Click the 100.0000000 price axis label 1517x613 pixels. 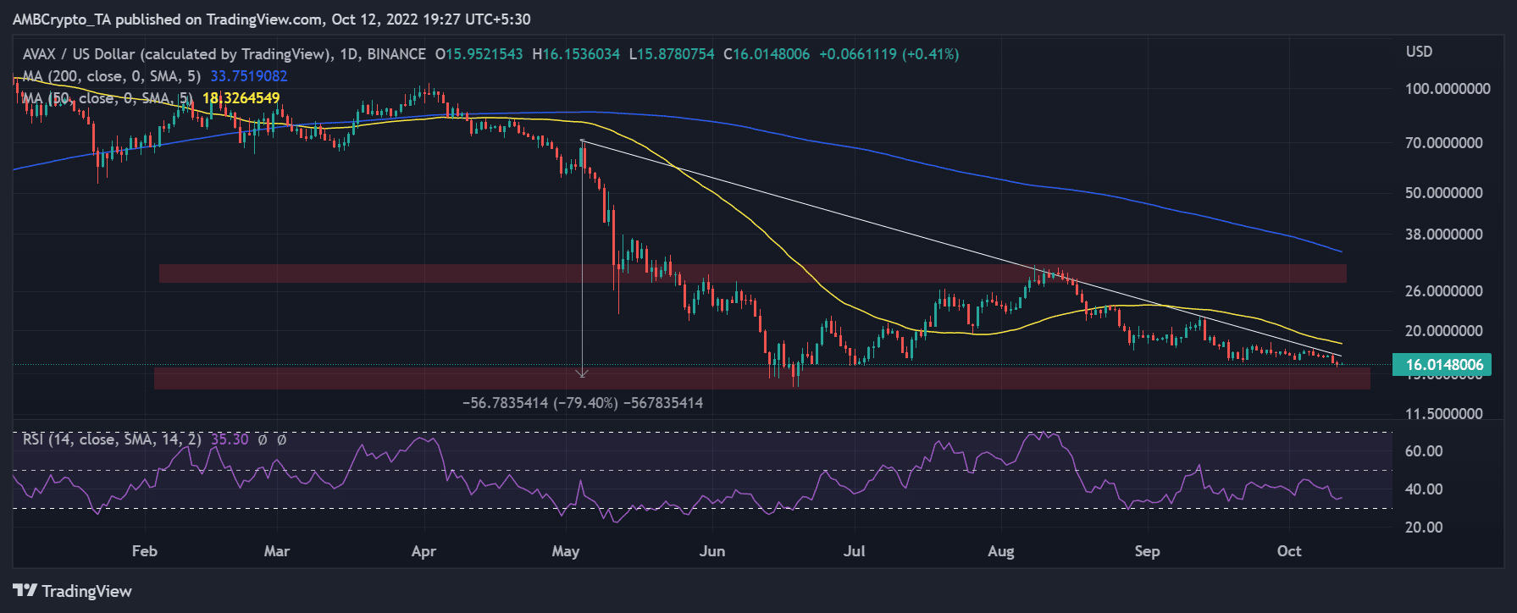coord(1447,89)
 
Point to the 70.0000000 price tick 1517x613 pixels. coord(1443,143)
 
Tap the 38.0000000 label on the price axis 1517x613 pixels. coord(1443,235)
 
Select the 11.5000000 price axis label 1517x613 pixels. coord(1443,414)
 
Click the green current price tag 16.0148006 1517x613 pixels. coord(1443,365)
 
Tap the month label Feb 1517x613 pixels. coord(145,551)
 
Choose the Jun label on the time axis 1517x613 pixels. coord(712,551)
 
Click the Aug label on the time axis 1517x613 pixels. coord(1001,551)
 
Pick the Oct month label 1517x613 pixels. coord(1289,551)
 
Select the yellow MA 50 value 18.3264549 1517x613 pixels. coord(241,98)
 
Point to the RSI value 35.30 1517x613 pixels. coord(230,439)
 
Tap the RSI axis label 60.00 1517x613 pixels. coord(1423,451)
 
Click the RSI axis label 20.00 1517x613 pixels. coord(1423,527)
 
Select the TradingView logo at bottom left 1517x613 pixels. coord(73,591)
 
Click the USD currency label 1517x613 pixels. coord(1419,52)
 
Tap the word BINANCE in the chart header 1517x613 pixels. coord(396,54)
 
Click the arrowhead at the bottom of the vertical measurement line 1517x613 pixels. coord(582,373)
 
